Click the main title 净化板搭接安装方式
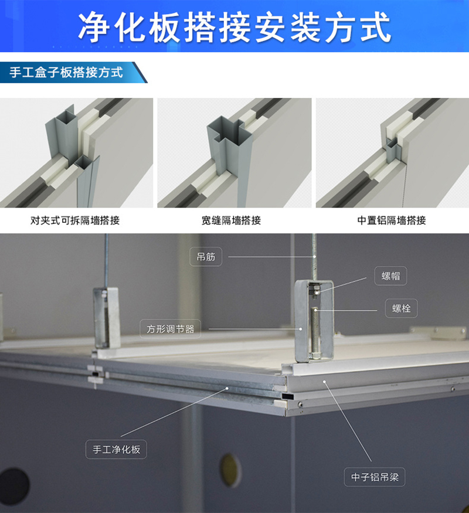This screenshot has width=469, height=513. [x=235, y=26]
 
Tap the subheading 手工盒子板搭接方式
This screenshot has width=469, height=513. [x=66, y=73]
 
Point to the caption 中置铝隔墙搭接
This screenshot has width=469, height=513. [x=392, y=221]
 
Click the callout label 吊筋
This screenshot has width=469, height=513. [x=206, y=257]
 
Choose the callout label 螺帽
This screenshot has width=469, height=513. [x=390, y=276]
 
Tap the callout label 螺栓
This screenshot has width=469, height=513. [x=402, y=308]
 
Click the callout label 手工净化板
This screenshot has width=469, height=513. [x=116, y=450]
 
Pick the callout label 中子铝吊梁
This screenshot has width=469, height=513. [x=374, y=477]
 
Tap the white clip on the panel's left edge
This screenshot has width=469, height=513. [x=94, y=375]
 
